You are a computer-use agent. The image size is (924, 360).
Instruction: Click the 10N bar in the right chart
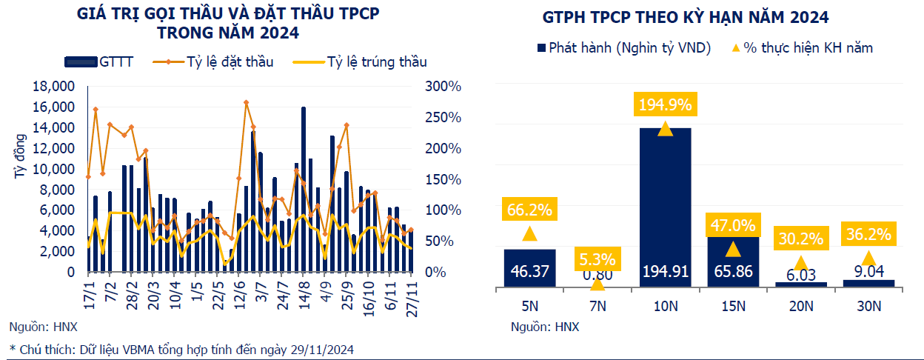click(x=665, y=207)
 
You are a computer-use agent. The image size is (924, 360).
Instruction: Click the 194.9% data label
click(x=665, y=104)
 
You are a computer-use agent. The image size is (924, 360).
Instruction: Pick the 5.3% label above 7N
click(x=597, y=259)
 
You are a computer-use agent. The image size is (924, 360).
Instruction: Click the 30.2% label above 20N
click(x=801, y=239)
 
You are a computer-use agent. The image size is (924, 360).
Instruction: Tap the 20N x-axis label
click(x=800, y=304)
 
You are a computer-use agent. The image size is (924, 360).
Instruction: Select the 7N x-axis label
click(x=597, y=304)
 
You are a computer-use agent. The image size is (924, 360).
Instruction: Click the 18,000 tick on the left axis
click(x=53, y=87)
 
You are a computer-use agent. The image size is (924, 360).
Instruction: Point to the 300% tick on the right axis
click(x=443, y=87)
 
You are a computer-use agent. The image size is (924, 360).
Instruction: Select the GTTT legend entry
click(x=99, y=61)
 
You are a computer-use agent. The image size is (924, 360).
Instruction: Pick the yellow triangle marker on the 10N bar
click(x=665, y=129)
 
